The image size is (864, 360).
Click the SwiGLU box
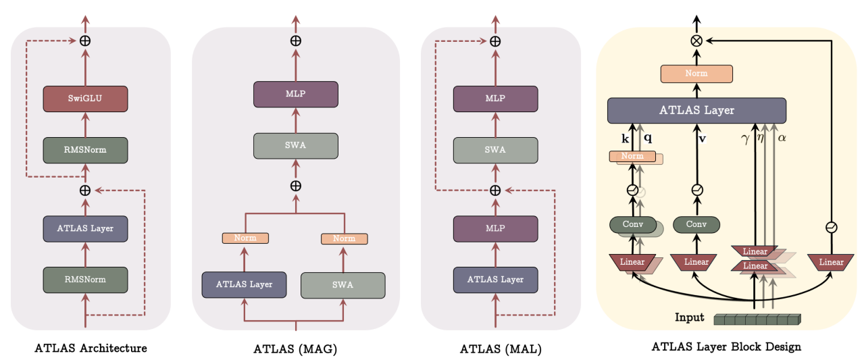tap(84, 99)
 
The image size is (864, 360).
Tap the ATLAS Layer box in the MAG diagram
tap(245, 284)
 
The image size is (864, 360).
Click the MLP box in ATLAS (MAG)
tap(295, 95)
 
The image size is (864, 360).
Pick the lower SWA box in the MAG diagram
tap(342, 285)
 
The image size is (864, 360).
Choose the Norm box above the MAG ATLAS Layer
tap(245, 238)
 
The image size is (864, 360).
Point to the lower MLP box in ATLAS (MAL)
tap(495, 228)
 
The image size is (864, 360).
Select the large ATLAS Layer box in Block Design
tap(696, 111)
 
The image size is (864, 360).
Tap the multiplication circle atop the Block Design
tap(696, 41)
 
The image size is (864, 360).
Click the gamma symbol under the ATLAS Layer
tap(745, 138)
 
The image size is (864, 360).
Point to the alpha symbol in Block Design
tap(783, 138)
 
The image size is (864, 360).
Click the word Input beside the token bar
tap(689, 317)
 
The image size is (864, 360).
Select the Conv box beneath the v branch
tap(696, 224)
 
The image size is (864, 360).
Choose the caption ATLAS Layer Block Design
tap(726, 347)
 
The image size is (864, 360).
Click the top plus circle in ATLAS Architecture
tap(85, 41)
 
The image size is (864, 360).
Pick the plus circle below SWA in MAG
tap(295, 186)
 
